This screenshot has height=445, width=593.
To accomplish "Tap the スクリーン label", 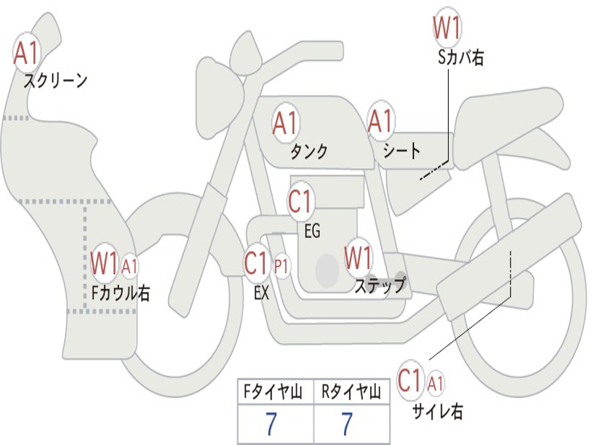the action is point(55,81).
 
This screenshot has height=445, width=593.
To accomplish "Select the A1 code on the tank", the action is point(286,123).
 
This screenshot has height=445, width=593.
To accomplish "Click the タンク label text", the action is point(309,151).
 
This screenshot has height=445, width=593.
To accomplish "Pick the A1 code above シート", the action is point(381,121).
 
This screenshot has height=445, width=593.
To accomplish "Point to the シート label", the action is point(402,151).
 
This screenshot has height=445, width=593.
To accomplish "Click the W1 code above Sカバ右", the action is point(447,28).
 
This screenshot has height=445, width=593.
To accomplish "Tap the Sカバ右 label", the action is point(460,58).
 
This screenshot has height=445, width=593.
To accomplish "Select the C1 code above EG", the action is point(299,201).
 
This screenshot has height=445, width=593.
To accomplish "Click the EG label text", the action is point(312,231).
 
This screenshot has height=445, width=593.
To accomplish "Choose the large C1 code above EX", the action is point(256,263).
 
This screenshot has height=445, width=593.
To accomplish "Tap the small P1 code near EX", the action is point(281,267).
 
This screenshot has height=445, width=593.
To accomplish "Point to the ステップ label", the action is point(380,286).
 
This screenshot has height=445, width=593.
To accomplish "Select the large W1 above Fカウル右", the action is point(104,263).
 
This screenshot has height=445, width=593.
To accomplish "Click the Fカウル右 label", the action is point(121,293).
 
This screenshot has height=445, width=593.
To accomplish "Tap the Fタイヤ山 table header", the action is point(273,391).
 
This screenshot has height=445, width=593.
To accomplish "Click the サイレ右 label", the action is point(438,411).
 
